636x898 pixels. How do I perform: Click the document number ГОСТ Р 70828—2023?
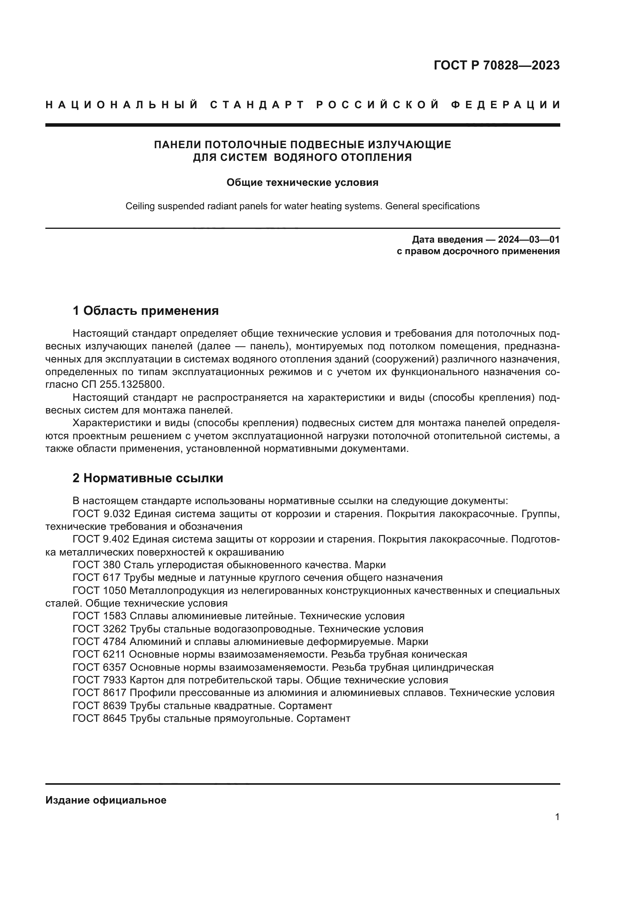[496, 65]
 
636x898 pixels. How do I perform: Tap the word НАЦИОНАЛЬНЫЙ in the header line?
[122, 105]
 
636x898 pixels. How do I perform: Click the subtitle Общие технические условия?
[302, 183]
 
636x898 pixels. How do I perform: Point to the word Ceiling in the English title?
[140, 206]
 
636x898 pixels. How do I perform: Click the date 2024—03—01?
[529, 239]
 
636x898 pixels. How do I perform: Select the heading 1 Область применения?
[145, 311]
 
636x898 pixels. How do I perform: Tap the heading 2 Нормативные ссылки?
[148, 478]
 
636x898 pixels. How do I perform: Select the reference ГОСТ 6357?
[100, 667]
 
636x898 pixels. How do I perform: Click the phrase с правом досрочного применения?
[478, 251]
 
